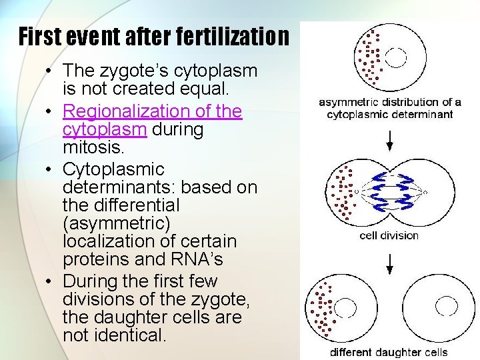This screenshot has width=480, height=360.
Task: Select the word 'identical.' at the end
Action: pos(114,335)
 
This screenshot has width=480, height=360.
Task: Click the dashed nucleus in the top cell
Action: pos(395,58)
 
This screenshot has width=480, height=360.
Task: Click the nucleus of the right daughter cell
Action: pos(447,307)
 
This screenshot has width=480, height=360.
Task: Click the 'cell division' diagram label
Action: pos(389,235)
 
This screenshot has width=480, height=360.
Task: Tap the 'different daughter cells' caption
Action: pos(389,352)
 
